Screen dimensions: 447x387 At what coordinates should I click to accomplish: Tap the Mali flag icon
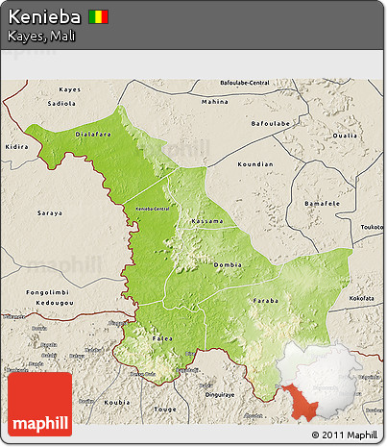pyautogui.click(x=99, y=18)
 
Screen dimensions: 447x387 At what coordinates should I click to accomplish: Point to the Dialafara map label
pyautogui.click(x=93, y=136)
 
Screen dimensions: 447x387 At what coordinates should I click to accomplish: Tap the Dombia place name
pyautogui.click(x=228, y=264)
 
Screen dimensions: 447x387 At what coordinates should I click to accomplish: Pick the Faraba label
pyautogui.click(x=265, y=300)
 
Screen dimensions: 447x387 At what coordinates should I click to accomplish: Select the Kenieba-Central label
pyautogui.click(x=152, y=209)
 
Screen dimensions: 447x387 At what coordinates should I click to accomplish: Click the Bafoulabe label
pyautogui.click(x=270, y=123)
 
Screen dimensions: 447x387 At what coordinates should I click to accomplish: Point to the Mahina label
pyautogui.click(x=214, y=101)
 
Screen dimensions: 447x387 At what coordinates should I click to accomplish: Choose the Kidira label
pyautogui.click(x=17, y=147)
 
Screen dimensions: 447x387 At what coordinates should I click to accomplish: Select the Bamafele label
pyautogui.click(x=322, y=205)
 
